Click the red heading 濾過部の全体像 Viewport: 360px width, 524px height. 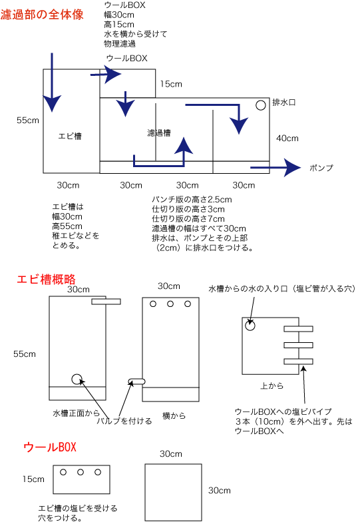(42, 15)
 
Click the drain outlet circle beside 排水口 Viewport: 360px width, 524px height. (260, 105)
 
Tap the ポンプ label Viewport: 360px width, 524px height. (321, 168)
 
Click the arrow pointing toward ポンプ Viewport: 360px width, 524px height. (275, 167)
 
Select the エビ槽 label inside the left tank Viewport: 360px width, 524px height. (70, 136)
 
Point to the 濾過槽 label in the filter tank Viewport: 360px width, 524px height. (159, 133)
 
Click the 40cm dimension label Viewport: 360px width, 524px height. (287, 138)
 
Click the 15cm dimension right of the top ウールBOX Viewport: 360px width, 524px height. (171, 84)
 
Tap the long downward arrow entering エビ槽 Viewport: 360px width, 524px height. (52, 82)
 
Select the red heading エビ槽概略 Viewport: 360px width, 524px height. (46, 279)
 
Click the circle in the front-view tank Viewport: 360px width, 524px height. (77, 379)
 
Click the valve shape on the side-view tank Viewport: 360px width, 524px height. (137, 382)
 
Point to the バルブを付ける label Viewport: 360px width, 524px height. (124, 421)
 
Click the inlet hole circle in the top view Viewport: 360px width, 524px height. (250, 325)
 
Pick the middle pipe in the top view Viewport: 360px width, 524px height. (299, 345)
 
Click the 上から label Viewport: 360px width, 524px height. (272, 386)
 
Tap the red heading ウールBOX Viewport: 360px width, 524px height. (50, 447)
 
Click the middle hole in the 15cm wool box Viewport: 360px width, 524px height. (81, 472)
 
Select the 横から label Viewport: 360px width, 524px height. (174, 415)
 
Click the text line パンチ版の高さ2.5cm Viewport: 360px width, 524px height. (192, 200)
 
